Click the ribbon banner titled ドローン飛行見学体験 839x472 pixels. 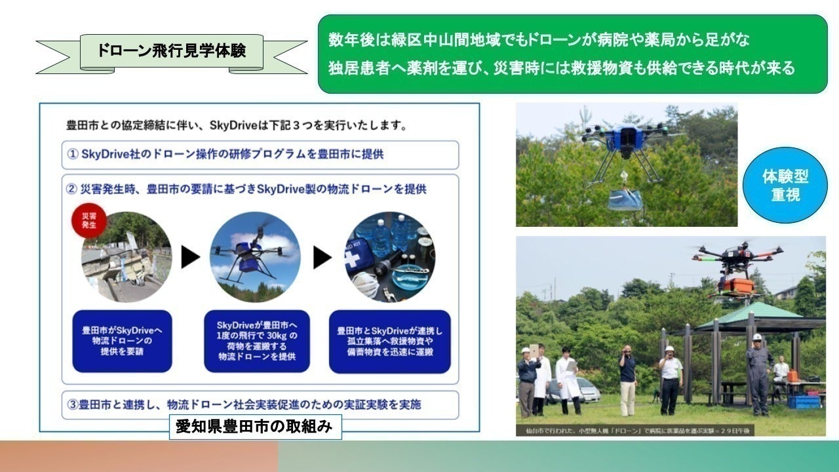[171, 51]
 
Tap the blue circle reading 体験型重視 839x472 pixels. [785, 185]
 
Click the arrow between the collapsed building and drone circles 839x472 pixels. [190, 258]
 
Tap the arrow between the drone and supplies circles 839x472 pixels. [322, 258]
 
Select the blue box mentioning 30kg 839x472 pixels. [256, 341]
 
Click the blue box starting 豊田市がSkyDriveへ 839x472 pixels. [122, 341]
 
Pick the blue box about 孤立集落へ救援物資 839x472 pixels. [389, 341]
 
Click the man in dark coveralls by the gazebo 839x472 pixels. [758, 374]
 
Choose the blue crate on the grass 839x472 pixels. [803, 401]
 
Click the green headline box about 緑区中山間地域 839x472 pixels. [572, 54]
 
